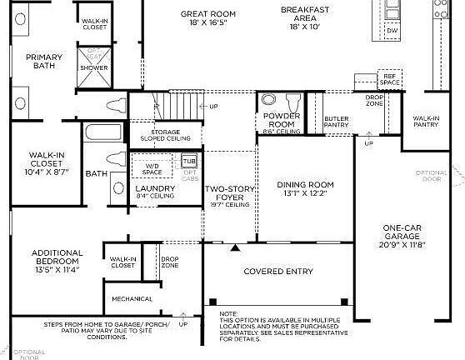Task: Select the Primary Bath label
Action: tap(43, 63)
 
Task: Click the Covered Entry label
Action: tap(278, 272)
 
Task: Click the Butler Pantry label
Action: tap(336, 122)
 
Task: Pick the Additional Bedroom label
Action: tap(57, 257)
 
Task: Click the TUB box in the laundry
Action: tap(190, 160)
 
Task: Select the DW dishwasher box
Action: tap(392, 32)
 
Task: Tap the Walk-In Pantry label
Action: tap(426, 122)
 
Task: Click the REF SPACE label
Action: tap(389, 79)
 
